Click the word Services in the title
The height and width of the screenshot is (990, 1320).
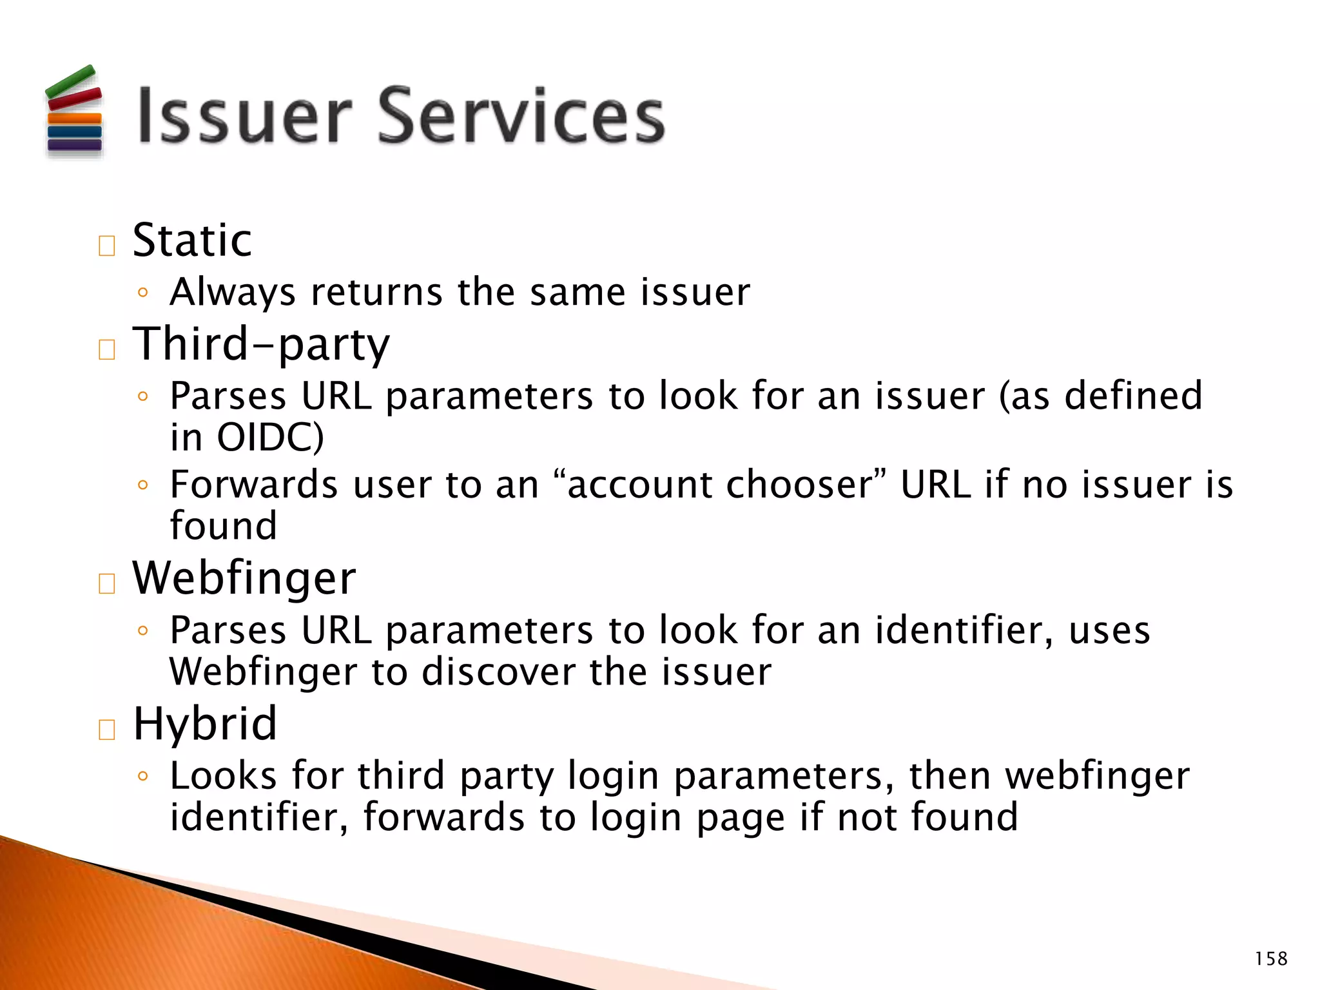pos(521,116)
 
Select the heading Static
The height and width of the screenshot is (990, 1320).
pos(192,240)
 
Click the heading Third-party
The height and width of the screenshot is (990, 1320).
pos(261,345)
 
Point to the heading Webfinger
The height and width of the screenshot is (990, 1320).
pos(244,578)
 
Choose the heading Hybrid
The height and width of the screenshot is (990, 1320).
pos(205,724)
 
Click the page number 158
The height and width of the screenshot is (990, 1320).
pos(1270,959)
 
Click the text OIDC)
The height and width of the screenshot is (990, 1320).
pos(270,438)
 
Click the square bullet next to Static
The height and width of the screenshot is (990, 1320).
pos(107,246)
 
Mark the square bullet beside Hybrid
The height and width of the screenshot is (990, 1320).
pos(107,730)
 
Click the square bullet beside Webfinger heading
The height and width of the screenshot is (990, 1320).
pos(107,583)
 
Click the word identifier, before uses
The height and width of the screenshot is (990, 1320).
pos(964,630)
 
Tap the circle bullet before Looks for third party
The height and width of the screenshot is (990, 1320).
pos(143,776)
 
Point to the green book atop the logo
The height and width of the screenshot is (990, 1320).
pos(70,82)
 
